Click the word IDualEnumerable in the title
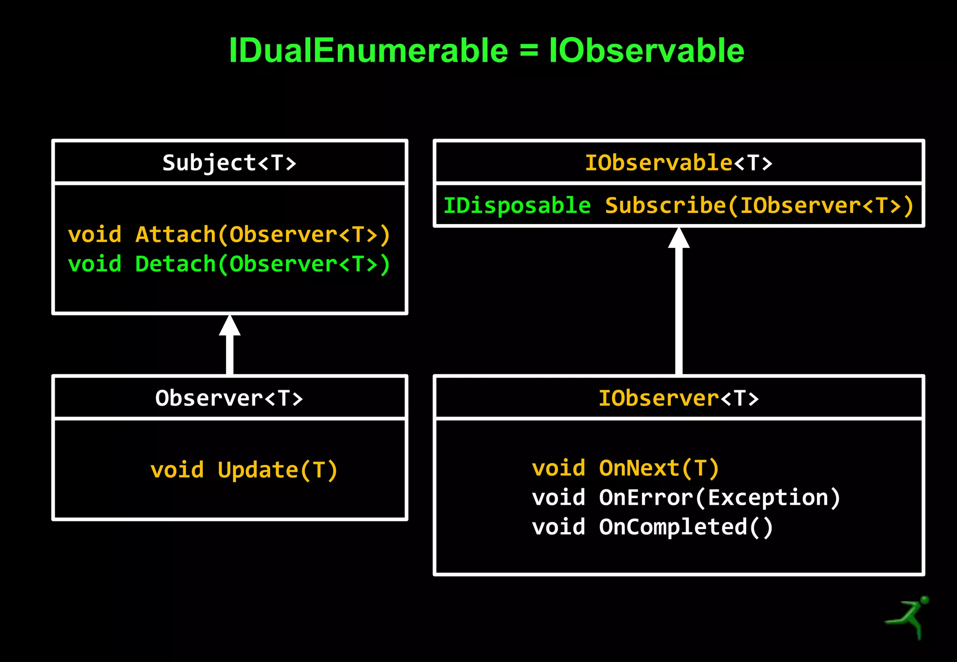[x=368, y=50]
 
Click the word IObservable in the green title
[x=646, y=50]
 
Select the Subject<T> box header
[x=229, y=163]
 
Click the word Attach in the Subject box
[x=176, y=234]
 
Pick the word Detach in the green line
[x=176, y=264]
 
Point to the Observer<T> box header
[x=229, y=398]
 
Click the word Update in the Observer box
[x=258, y=470]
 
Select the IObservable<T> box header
[x=678, y=163]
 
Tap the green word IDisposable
[x=517, y=206]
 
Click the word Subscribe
[x=665, y=206]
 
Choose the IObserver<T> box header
[x=678, y=398]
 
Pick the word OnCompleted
[x=673, y=527]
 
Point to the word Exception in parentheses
[x=768, y=498]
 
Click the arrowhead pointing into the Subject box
[x=229, y=326]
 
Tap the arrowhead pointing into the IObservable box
[x=678, y=238]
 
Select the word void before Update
[x=177, y=470]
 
